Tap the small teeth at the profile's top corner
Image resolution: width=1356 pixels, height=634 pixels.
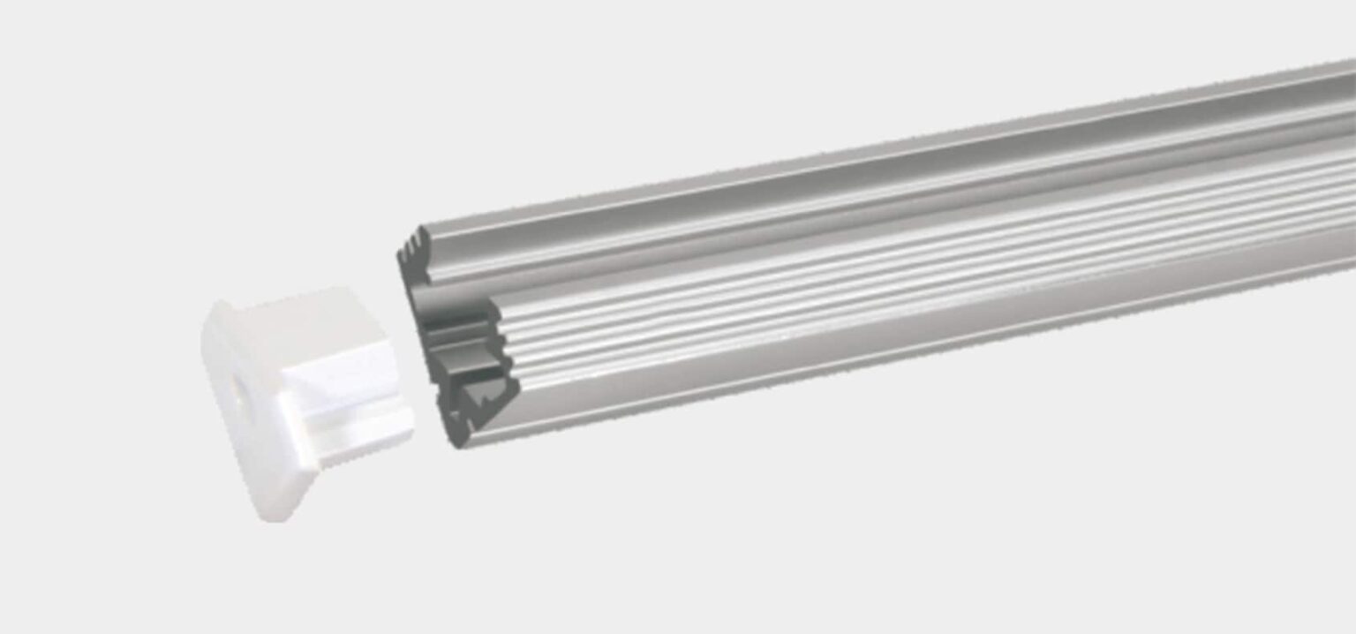tap(408, 243)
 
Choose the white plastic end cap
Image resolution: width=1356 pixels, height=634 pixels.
tap(300, 397)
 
